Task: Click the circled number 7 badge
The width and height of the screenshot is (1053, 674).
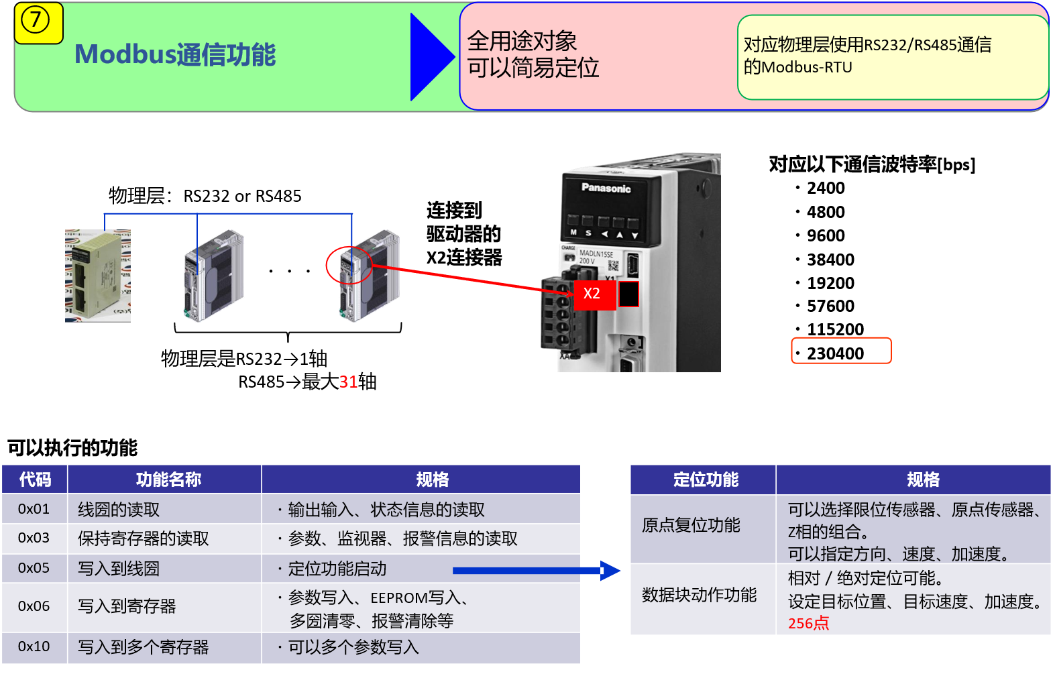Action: click(36, 21)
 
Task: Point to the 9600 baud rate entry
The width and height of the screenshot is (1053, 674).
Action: click(826, 235)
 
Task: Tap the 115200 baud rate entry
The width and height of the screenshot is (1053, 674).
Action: click(835, 329)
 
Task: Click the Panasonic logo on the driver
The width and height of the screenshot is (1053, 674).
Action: click(606, 188)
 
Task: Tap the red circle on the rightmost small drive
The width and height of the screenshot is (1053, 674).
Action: click(349, 265)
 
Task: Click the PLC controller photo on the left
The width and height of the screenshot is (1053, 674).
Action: click(98, 276)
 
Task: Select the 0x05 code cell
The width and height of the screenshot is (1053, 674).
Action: click(34, 568)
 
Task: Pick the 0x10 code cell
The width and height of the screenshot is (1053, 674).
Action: click(34, 647)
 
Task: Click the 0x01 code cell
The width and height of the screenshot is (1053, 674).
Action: click(34, 509)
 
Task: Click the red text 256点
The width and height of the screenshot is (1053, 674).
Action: click(808, 624)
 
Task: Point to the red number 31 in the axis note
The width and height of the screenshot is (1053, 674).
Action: click(348, 382)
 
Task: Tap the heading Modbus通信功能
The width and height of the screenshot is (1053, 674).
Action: click(175, 55)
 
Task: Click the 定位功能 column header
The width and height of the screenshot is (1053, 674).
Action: click(706, 480)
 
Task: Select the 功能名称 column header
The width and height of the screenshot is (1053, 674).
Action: click(168, 480)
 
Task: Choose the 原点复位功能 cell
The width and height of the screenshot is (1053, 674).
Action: click(691, 525)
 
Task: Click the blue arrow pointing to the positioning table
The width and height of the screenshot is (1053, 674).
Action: click(537, 571)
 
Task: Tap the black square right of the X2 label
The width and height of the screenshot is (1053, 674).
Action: click(628, 294)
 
